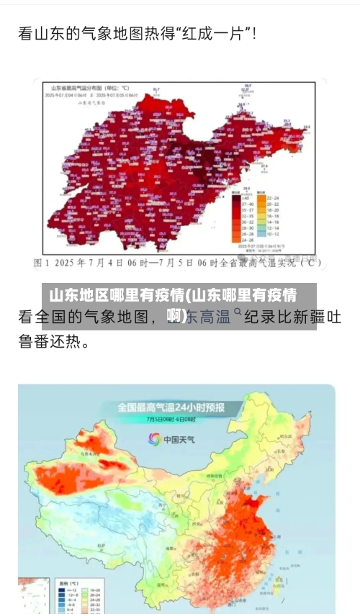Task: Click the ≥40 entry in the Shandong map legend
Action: click(x=240, y=197)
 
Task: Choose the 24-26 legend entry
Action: click(x=240, y=240)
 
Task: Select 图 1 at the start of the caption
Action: click(x=44, y=263)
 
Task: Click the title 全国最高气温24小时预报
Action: click(x=171, y=407)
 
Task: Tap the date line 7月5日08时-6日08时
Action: click(x=171, y=420)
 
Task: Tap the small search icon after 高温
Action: click(x=237, y=314)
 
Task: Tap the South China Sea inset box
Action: click(x=33, y=595)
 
